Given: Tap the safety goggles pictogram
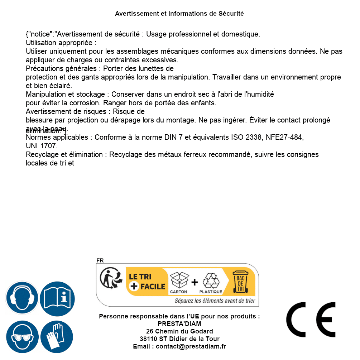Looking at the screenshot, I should (22, 337).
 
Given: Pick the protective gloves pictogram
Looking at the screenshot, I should (57, 337).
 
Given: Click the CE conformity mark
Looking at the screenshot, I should (311, 320).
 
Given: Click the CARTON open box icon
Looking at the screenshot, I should (179, 280).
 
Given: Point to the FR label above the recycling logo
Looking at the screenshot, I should (100, 260).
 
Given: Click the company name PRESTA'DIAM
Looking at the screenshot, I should (179, 324).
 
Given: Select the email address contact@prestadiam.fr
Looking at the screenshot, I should (191, 346).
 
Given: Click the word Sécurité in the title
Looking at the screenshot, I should (231, 14).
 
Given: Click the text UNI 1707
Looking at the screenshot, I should (42, 146).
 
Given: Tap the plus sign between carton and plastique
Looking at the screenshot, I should (195, 282).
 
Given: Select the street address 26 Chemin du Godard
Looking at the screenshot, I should (179, 331).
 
